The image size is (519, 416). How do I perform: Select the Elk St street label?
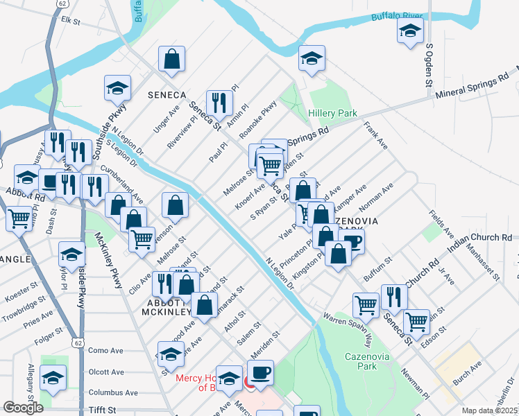[71, 21]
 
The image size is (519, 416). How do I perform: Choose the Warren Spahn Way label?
[358, 330]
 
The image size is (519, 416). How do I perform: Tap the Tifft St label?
[102, 410]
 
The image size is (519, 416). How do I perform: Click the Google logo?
[24, 408]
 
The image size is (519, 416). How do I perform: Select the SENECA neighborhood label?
[167, 94]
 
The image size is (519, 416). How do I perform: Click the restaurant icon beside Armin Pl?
[219, 103]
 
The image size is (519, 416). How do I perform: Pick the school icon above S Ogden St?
[410, 31]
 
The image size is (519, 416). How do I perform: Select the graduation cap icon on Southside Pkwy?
[118, 87]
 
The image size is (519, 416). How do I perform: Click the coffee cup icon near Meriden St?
[261, 373]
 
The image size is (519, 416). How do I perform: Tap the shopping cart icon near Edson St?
[416, 321]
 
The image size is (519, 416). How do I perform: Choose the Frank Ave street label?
[375, 136]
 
